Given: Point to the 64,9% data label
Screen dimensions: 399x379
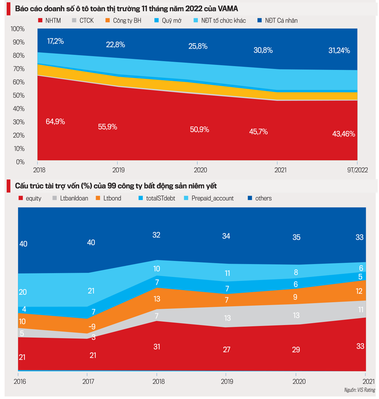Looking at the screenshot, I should pos(55,122).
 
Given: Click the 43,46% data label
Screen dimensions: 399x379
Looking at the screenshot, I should pos(343,134).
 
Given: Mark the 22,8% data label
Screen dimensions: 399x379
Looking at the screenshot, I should pos(115,44).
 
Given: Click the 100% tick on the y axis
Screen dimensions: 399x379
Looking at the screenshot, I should pos(18,29).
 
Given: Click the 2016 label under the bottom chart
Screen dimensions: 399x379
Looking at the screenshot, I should pos(19,381).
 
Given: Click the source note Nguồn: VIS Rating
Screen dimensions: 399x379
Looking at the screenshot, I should pos(360,390).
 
